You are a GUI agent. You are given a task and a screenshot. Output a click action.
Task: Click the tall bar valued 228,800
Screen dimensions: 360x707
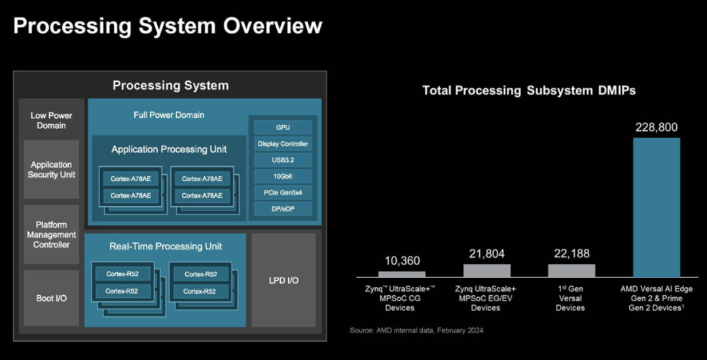[x=656, y=207]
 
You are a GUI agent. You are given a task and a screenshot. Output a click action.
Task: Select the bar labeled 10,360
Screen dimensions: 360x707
[x=401, y=274]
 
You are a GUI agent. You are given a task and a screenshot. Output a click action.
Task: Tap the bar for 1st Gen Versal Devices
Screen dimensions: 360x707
[x=571, y=270]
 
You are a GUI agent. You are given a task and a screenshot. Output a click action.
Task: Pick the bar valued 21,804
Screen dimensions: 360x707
[x=486, y=270]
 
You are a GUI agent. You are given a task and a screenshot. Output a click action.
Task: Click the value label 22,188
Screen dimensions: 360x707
[x=571, y=253]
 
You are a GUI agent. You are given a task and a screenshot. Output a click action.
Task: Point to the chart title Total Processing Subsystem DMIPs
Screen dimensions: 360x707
[x=529, y=90]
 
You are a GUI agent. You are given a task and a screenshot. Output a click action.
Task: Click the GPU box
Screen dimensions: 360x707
[x=283, y=127]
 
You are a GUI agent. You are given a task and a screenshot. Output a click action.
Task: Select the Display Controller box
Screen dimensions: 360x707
[x=283, y=143]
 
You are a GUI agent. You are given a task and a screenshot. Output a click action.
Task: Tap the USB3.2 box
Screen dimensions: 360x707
[x=283, y=160]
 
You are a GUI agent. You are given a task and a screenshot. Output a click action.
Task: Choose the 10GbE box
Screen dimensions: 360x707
[x=283, y=176]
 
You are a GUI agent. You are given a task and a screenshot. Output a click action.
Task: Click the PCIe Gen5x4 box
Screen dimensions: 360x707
[x=283, y=192]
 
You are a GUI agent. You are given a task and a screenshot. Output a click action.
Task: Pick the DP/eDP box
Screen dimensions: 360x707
[x=283, y=209]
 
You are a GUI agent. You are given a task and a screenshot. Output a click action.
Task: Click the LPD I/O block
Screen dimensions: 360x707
[x=284, y=280]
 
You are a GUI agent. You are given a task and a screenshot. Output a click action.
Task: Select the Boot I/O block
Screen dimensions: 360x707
[x=51, y=298]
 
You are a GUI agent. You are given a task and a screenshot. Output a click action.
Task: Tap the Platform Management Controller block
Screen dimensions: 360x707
[x=51, y=234]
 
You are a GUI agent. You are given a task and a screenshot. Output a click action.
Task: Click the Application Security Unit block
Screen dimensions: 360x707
[x=51, y=170]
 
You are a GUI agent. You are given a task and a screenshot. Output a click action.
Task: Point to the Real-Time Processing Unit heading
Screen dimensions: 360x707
[x=166, y=246]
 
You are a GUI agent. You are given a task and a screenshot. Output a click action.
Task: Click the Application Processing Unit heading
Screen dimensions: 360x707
[x=169, y=149]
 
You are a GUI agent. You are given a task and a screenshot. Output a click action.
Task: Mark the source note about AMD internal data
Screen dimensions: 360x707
[x=416, y=330]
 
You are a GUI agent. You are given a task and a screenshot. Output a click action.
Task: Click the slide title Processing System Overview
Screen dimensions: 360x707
[x=168, y=26]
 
